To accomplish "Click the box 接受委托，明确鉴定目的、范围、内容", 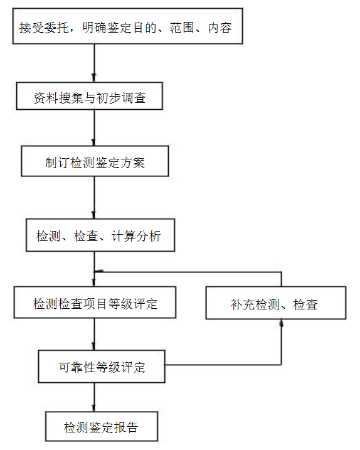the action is coord(128,26).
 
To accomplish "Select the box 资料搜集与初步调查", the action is coord(90,96).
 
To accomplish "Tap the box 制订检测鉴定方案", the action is coord(95,161).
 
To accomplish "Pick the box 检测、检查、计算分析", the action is coord(100,235).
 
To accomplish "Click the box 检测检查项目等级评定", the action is coord(95,303).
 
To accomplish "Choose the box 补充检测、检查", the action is coord(276,303).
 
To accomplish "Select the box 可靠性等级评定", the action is coord(102,367).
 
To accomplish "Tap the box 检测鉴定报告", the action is coord(102,427).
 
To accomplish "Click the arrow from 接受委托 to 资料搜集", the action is coord(94,63).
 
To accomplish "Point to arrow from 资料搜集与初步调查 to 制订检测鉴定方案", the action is coord(94,127).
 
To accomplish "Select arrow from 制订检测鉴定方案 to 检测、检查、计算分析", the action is coord(94,198).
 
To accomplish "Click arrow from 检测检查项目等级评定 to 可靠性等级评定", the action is coord(94,334).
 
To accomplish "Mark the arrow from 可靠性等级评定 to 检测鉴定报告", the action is coord(94,397).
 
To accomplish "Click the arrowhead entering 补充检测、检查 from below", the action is coord(282,323).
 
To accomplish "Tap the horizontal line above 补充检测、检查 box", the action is coord(188,272).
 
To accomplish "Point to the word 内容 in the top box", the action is coord(220,28).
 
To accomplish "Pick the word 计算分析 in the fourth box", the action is coord(136,236).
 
